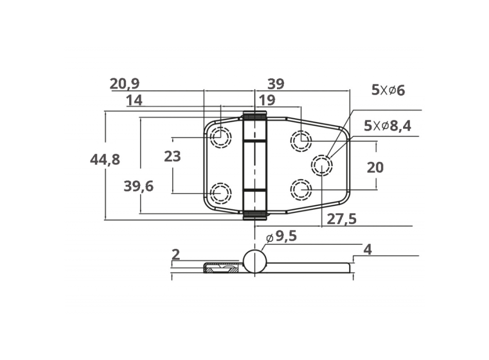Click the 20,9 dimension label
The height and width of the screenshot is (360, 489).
click(x=125, y=84)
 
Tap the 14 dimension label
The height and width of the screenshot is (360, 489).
click(x=134, y=100)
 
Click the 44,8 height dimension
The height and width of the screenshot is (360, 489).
click(x=105, y=160)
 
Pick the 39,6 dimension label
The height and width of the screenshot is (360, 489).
click(x=138, y=186)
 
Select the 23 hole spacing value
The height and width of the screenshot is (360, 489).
click(x=172, y=156)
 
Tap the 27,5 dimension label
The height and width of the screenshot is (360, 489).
click(x=342, y=220)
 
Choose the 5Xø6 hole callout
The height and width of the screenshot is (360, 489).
click(x=388, y=91)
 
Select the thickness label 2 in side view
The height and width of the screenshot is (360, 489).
click(x=176, y=254)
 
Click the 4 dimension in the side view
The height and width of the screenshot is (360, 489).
click(x=367, y=249)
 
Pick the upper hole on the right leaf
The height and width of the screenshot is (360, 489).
click(x=301, y=140)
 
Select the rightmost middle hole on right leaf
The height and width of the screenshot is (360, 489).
click(x=322, y=165)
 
